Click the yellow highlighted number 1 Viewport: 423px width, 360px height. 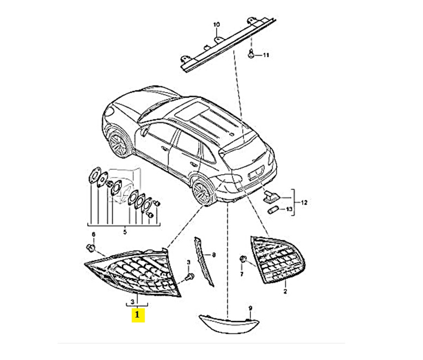(x=138, y=315)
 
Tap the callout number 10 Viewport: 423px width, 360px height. (x=217, y=25)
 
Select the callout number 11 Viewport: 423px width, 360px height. (x=266, y=56)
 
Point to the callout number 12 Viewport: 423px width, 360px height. (x=304, y=203)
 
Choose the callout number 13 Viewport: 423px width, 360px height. (x=289, y=209)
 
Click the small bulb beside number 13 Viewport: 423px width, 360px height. (x=273, y=210)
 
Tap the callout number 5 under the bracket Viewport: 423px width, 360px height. (x=125, y=231)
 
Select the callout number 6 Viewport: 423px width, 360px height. (x=94, y=234)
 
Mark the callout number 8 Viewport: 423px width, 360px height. (x=214, y=254)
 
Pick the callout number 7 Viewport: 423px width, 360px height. (x=242, y=274)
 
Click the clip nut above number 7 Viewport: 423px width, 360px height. (x=242, y=259)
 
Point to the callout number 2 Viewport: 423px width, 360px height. (x=285, y=291)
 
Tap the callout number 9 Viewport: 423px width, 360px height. (x=250, y=308)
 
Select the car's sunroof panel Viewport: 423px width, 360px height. (x=192, y=112)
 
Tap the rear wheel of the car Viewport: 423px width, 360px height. (x=201, y=192)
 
